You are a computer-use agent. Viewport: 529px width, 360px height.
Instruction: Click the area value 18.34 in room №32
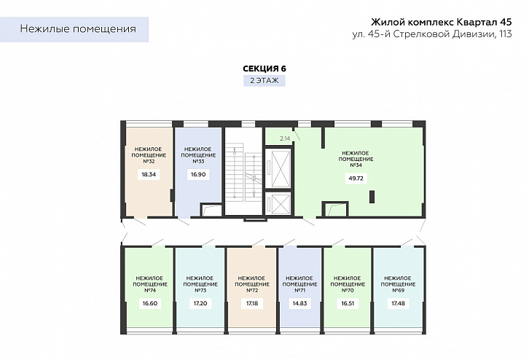tap(149, 174)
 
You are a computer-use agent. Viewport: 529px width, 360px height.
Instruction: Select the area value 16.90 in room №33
tap(198, 174)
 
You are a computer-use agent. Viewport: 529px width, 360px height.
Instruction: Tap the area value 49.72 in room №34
tap(356, 178)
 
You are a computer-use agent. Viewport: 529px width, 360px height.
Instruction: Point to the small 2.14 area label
tap(285, 138)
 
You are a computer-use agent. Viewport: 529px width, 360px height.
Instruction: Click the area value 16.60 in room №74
tap(150, 303)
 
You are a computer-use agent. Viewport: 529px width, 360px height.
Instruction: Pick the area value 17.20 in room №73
tap(200, 303)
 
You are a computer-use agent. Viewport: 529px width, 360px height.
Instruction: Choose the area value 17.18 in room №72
tap(252, 303)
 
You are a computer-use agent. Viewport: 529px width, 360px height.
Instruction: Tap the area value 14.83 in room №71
tap(300, 303)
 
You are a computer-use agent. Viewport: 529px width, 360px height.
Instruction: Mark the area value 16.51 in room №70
tap(348, 303)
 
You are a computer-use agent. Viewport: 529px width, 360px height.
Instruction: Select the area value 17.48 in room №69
tap(398, 303)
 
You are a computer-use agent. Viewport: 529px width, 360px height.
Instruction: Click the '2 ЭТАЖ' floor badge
tap(264, 81)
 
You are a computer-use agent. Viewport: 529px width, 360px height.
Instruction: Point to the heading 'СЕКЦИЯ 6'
tap(264, 69)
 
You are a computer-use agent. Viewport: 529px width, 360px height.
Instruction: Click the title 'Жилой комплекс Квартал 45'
tap(442, 22)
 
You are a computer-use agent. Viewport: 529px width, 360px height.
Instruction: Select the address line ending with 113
tap(432, 34)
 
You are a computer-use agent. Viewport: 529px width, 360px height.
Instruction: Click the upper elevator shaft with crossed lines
tap(278, 168)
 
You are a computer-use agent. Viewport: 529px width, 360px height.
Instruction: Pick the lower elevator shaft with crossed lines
tap(278, 203)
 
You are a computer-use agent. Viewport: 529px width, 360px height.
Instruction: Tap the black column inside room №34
tap(372, 197)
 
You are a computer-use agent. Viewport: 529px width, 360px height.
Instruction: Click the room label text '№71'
tap(300, 291)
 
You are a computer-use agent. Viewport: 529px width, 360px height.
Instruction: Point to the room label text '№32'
tap(149, 161)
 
